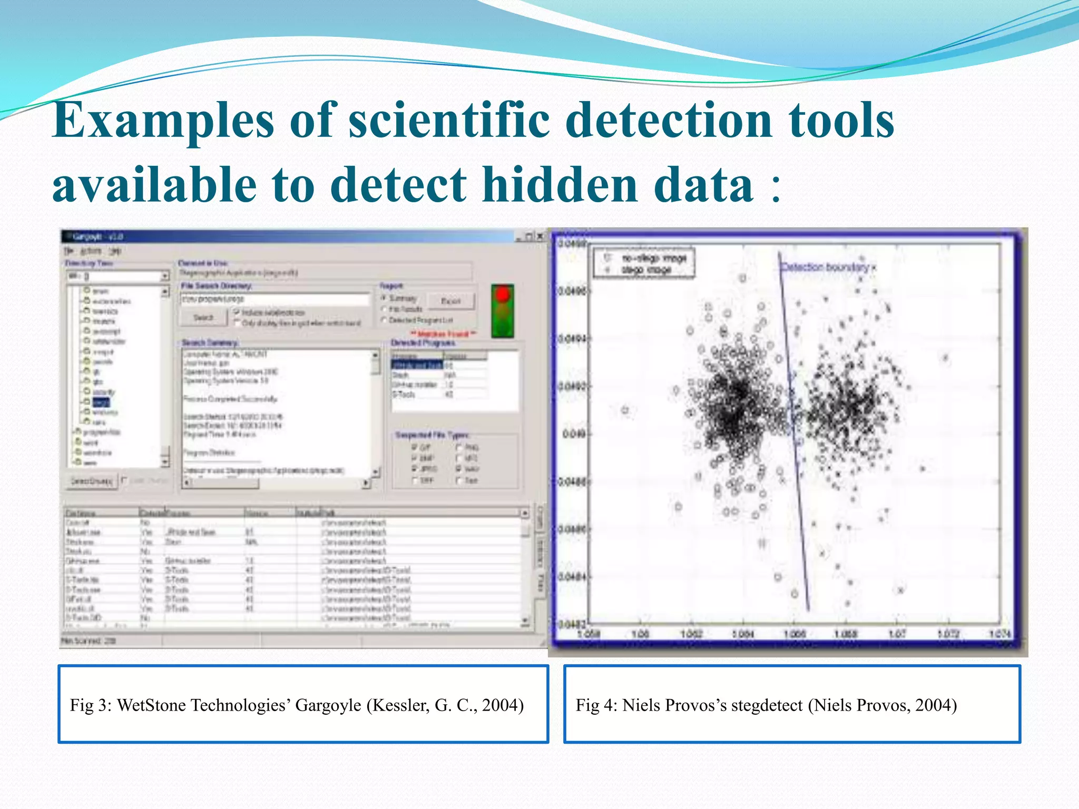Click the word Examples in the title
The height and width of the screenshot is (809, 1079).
pyautogui.click(x=163, y=121)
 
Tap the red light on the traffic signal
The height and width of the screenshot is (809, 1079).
pyautogui.click(x=503, y=294)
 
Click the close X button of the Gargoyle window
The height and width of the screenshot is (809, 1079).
pyautogui.click(x=540, y=236)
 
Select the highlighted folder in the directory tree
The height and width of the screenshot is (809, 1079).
pyautogui.click(x=101, y=402)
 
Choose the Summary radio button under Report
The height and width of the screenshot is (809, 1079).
pyautogui.click(x=384, y=298)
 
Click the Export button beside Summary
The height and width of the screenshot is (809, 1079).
pyautogui.click(x=450, y=301)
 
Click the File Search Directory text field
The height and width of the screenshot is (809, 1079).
pyautogui.click(x=274, y=299)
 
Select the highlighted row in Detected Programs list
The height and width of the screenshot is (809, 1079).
pyautogui.click(x=417, y=365)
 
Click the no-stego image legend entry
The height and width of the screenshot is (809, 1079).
pyautogui.click(x=653, y=258)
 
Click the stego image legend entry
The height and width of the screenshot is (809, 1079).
pyautogui.click(x=646, y=270)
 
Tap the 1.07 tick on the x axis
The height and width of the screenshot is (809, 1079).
pyautogui.click(x=897, y=634)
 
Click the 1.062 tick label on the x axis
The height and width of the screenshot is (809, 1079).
pyautogui.click(x=691, y=634)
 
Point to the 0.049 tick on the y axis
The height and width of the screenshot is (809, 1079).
pyautogui.click(x=574, y=434)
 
